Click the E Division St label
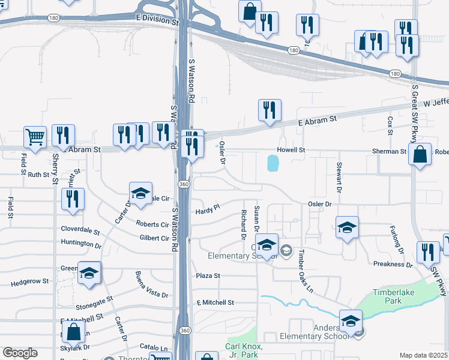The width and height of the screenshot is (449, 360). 158,20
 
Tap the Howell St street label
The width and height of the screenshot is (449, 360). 291,150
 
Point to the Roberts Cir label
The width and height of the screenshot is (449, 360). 152,224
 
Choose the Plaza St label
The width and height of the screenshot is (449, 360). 208,276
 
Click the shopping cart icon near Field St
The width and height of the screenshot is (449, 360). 35,136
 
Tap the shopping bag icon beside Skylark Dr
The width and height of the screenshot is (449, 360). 73,331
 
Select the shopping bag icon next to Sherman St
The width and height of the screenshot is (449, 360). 420,154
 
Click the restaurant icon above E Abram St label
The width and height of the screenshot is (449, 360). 270,110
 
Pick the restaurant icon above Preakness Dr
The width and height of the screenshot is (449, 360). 428,253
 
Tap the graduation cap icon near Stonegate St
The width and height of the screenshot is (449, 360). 89,273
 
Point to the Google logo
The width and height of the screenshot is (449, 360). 20,353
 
